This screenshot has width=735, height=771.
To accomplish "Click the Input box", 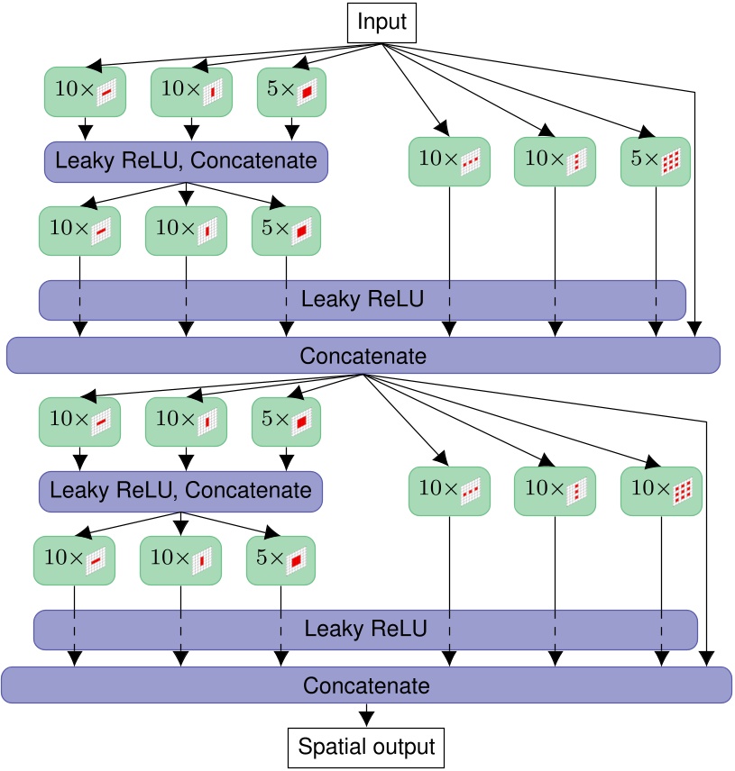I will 382,22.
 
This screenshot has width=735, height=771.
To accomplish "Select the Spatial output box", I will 366,747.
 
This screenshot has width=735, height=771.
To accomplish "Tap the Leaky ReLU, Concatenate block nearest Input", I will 186,161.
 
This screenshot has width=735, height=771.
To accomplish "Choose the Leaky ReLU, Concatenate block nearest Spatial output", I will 180,491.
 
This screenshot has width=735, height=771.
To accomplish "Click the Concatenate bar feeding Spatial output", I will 366,685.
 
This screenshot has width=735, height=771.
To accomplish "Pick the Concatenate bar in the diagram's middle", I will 363,356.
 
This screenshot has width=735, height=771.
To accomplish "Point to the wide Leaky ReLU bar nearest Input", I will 362,299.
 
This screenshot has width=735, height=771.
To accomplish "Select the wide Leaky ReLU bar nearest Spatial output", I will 365,629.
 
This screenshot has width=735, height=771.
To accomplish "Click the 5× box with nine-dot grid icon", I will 656,161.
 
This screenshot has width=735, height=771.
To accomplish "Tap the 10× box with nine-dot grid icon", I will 662,491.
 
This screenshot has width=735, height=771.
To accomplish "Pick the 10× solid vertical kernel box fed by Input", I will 191,92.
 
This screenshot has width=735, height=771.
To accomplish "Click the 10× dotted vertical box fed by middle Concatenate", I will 555,491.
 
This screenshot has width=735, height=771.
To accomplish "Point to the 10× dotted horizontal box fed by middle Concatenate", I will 449,491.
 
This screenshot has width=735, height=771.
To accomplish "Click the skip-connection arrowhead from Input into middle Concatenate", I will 695,329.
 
